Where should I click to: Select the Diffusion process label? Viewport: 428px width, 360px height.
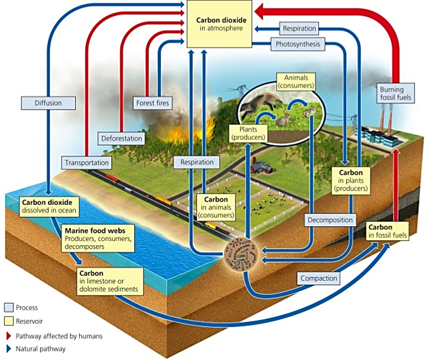pyautogui.click(x=48, y=102)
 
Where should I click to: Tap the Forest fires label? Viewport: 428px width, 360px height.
pyautogui.click(x=153, y=102)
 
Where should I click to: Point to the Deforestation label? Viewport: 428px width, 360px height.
pyautogui.click(x=122, y=138)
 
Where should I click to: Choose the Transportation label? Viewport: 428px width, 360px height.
pyautogui.click(x=87, y=163)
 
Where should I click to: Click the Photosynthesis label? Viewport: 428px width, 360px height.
pyautogui.click(x=297, y=45)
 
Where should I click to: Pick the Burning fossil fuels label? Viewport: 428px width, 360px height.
pyautogui.click(x=395, y=93)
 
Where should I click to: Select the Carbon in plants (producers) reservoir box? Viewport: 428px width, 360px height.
pyautogui.click(x=350, y=181)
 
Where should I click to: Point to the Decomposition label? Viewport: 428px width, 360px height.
pyautogui.click(x=329, y=219)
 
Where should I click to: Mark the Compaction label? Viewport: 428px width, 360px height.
pyautogui.click(x=319, y=278)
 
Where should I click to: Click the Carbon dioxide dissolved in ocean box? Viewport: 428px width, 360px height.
pyautogui.click(x=48, y=206)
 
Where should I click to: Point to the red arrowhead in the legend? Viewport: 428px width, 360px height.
pyautogui.click(x=8, y=336)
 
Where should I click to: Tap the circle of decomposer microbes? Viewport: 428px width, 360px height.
pyautogui.click(x=241, y=256)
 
